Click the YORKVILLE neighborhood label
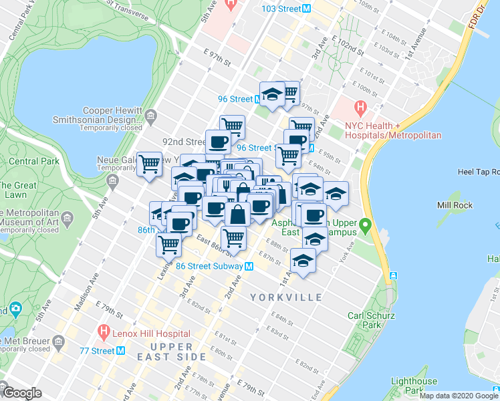(286, 297)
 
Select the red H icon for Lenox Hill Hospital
(104, 331)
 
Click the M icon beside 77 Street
(121, 350)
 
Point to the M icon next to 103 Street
(306, 9)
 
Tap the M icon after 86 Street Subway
(249, 266)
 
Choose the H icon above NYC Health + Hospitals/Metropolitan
(360, 107)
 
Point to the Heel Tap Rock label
(468, 172)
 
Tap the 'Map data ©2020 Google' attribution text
(459, 396)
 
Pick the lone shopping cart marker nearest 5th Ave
(149, 164)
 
